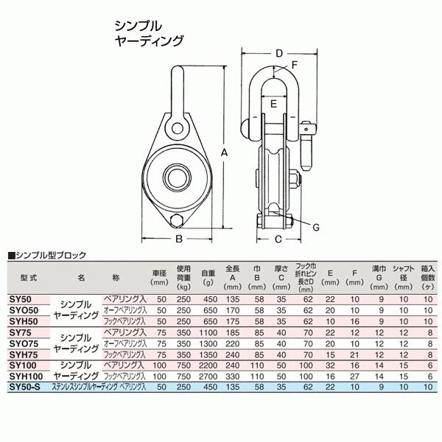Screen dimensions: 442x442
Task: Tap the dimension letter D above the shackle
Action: click(279, 53)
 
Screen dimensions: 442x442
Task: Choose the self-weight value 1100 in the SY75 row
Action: click(208, 333)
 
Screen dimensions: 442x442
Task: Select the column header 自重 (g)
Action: click(208, 277)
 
